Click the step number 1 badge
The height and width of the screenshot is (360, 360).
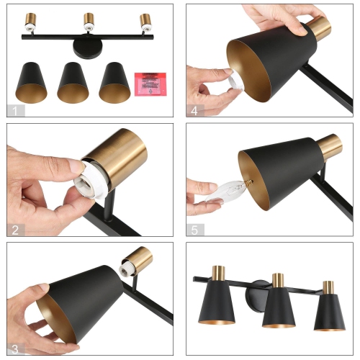pyautogui.click(x=15, y=110)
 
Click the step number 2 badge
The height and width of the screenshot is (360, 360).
pyautogui.click(x=15, y=230)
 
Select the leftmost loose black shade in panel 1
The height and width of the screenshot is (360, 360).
pyautogui.click(x=32, y=82)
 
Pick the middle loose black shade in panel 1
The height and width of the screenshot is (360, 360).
pyautogui.click(x=73, y=82)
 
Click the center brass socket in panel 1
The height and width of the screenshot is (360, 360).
pyautogui.click(x=88, y=21)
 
